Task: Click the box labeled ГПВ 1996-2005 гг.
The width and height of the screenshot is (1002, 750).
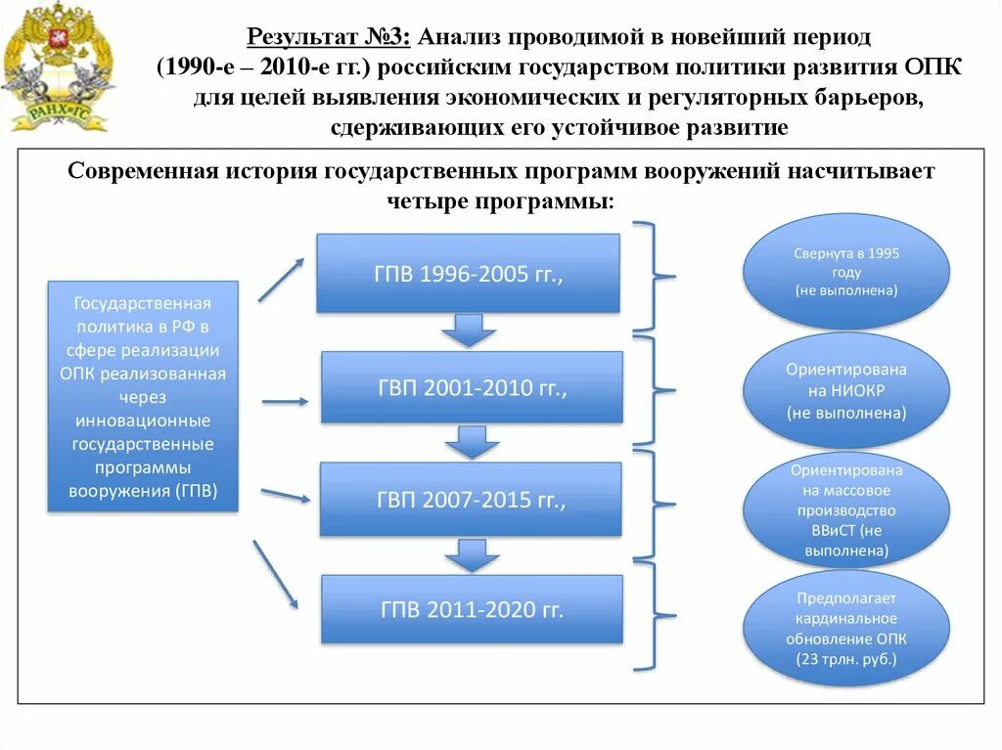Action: tap(468, 274)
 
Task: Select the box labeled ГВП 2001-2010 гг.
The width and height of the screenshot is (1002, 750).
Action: tap(472, 387)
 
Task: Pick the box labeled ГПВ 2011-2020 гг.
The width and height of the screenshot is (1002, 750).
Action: tap(472, 609)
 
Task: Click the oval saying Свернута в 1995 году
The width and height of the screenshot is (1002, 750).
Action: tap(846, 271)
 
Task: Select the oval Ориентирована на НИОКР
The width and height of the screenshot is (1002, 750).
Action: tap(846, 391)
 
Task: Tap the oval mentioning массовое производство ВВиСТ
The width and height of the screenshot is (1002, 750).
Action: tap(846, 510)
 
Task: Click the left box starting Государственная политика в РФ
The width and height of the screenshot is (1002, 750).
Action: tap(143, 396)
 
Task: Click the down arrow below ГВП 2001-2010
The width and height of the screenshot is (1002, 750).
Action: tap(472, 442)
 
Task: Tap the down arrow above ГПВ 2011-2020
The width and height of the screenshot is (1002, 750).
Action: tap(472, 555)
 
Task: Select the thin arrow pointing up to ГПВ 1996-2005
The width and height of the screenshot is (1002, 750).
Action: tap(282, 280)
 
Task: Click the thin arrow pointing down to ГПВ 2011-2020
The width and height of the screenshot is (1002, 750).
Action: tap(276, 575)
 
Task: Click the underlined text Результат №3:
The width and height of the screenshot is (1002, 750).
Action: tap(330, 38)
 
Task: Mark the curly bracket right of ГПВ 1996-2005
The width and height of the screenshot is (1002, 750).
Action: tap(654, 276)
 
